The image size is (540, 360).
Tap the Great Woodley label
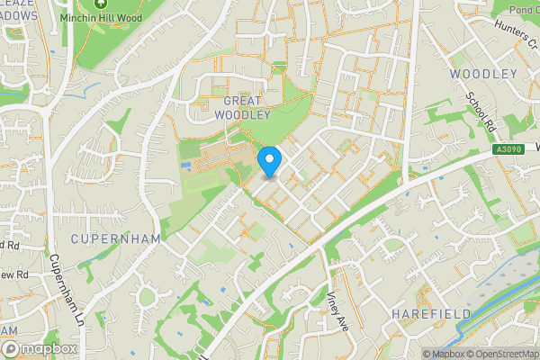[x=243, y=108]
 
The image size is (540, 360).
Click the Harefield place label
[x=431, y=312]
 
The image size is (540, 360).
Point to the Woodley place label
[x=483, y=74]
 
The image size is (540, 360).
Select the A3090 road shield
[x=508, y=150]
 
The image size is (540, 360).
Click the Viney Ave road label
[x=336, y=308]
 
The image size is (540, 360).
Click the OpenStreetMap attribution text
[x=503, y=354]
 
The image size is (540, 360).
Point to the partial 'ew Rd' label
[x=13, y=273]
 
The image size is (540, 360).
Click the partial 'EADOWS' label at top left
[x=19, y=15]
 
